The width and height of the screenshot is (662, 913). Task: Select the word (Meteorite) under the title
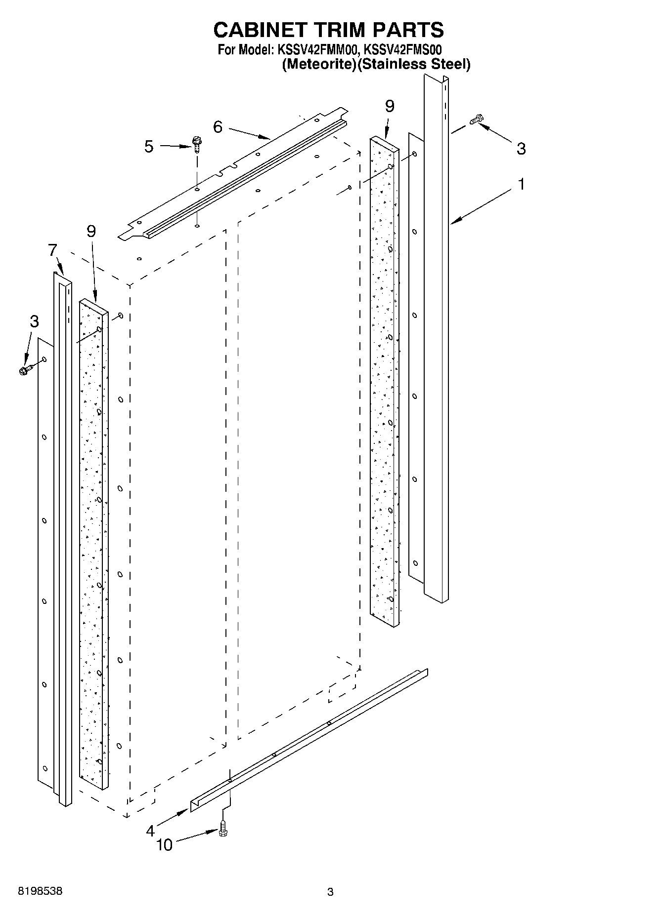pyautogui.click(x=319, y=64)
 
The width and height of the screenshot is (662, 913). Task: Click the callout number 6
pyautogui.click(x=218, y=127)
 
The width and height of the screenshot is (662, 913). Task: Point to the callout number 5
pyautogui.click(x=149, y=147)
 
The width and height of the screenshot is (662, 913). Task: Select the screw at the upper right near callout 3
pyautogui.click(x=477, y=119)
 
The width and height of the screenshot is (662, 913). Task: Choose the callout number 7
pyautogui.click(x=53, y=250)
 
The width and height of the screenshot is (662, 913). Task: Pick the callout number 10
pyautogui.click(x=164, y=845)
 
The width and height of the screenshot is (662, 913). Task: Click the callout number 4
pyautogui.click(x=150, y=831)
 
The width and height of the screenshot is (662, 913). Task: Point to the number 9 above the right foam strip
pyautogui.click(x=390, y=106)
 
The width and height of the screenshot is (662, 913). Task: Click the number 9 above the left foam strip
pyautogui.click(x=91, y=231)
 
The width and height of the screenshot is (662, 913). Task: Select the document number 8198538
pyautogui.click(x=40, y=892)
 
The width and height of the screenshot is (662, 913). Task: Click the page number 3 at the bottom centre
pyautogui.click(x=330, y=892)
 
